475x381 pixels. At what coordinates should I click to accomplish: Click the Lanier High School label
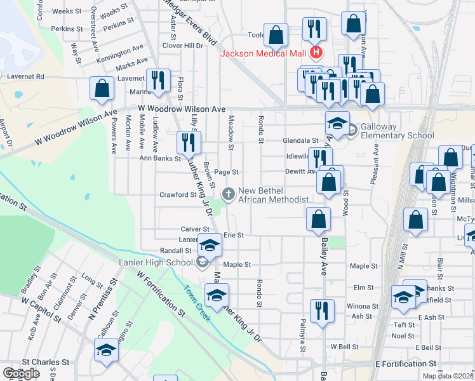coord(155,262)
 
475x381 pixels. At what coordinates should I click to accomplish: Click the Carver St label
coord(194,229)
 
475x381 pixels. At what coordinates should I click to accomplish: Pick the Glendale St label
coord(301,140)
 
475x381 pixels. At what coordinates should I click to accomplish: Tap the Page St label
coord(225,171)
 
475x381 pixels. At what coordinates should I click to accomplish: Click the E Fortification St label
coord(406,364)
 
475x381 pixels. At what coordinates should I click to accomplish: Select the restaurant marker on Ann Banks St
coord(187,142)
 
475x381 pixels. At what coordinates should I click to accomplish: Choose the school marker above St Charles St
coord(106,349)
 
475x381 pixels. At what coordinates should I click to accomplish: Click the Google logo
coord(21,373)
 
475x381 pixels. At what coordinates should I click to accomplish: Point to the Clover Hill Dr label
coord(182,46)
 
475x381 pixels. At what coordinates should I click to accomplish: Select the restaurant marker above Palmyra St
coord(322,311)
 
